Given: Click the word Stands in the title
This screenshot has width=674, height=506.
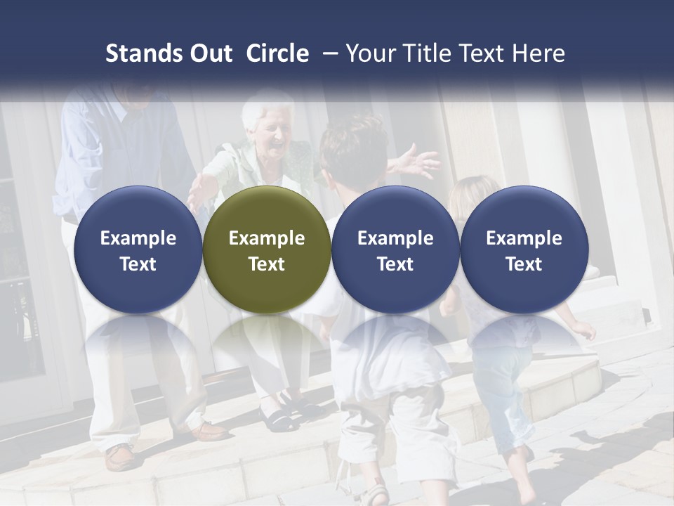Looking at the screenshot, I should point(143,53).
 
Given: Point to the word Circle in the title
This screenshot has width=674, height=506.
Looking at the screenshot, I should point(277,53).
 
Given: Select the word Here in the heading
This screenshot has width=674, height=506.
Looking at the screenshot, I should point(539,53).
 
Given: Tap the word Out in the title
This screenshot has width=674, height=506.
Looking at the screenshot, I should point(209,53).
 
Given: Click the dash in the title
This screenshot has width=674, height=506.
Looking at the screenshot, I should point(327,53).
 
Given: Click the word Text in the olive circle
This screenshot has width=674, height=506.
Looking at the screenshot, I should point(266,264).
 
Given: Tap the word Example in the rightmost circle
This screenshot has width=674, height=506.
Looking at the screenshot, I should point(524,238).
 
